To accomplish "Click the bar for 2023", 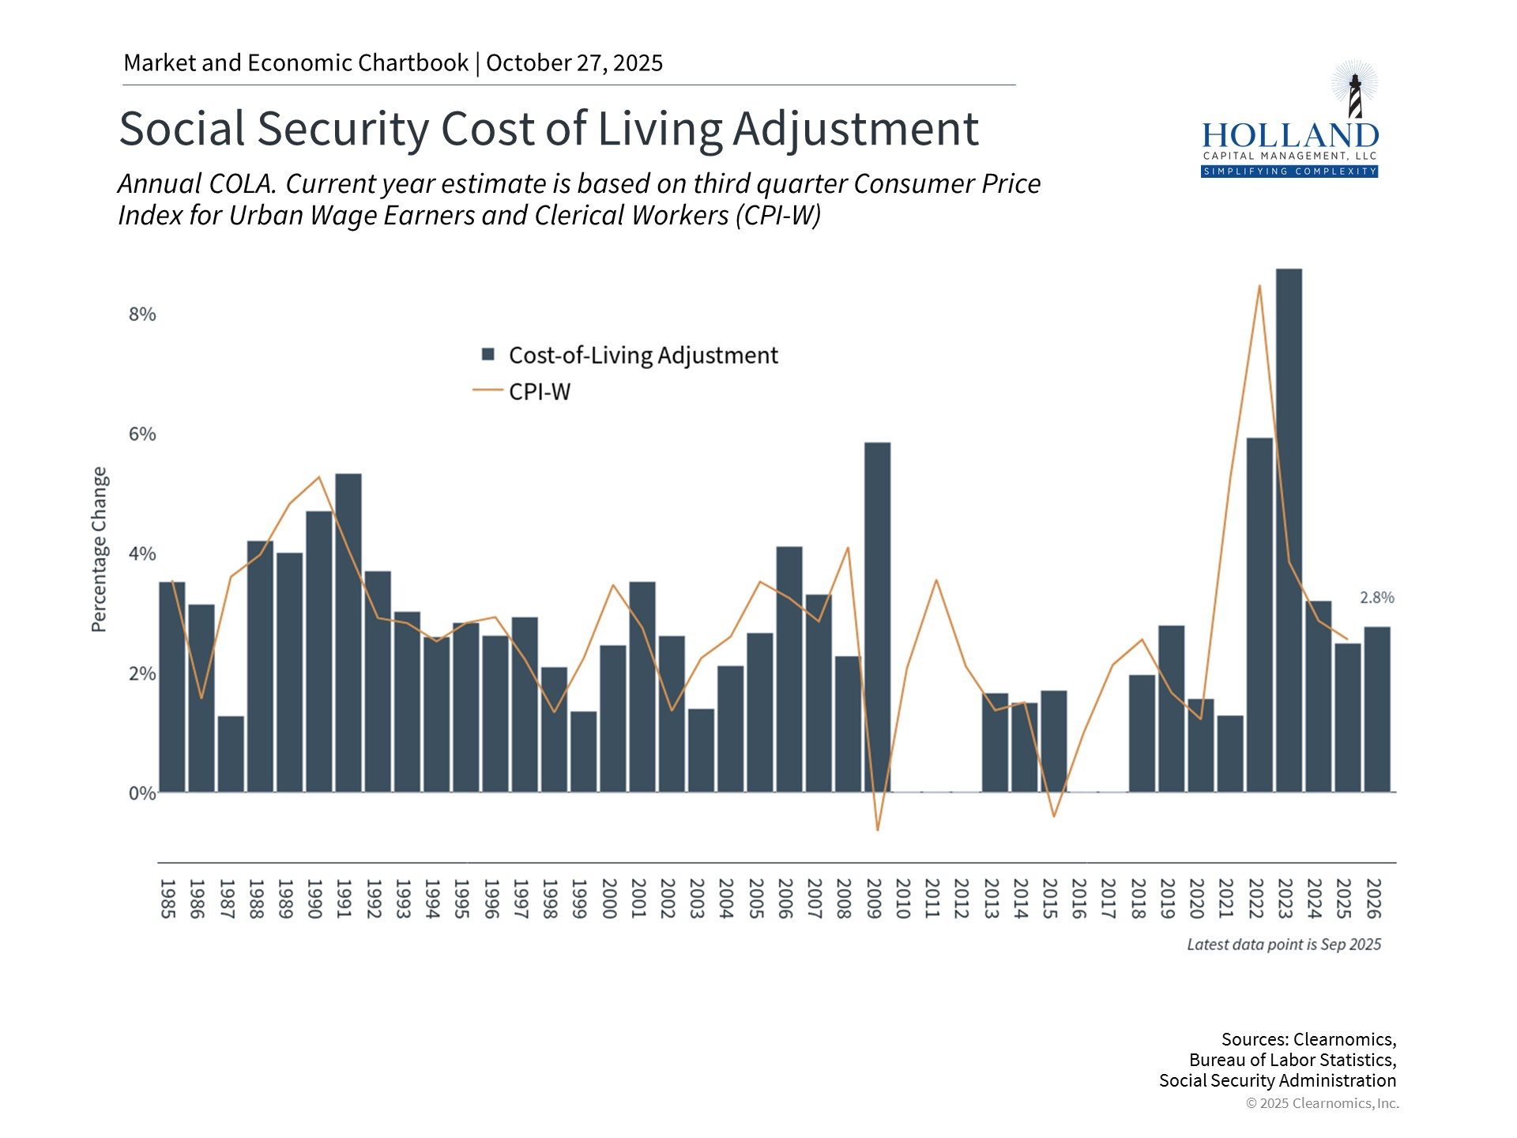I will [x=1289, y=529].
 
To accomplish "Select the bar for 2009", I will [x=877, y=616].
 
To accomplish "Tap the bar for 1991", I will [x=348, y=632].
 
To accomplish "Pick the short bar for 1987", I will [x=231, y=754].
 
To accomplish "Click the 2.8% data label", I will [x=1376, y=598].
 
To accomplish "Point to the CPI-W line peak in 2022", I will [x=1259, y=286].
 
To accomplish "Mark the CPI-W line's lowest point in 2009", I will [x=877, y=829].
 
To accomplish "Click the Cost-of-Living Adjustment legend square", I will [x=488, y=355].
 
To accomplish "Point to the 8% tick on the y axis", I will [x=142, y=315].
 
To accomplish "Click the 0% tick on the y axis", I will [x=142, y=793].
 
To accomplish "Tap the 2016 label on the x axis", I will [x=1078, y=899].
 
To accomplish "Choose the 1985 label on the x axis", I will [x=168, y=899].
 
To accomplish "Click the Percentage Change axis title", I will [x=99, y=549].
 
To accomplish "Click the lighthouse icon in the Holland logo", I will [x=1354, y=91].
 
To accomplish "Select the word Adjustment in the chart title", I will [x=856, y=129].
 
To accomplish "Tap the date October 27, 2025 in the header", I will [x=574, y=63].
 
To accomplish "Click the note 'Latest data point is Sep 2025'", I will [x=1284, y=944].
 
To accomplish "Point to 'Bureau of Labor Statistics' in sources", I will [x=1293, y=1060].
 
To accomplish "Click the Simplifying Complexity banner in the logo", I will [x=1289, y=171].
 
